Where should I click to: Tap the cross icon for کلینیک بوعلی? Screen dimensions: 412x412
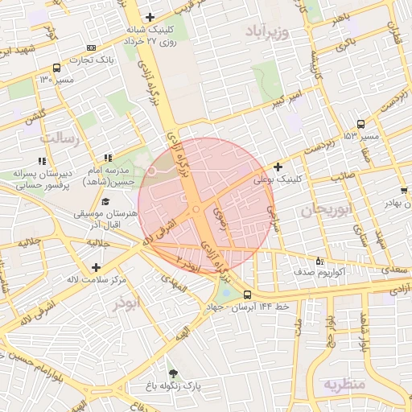click(x=278, y=167)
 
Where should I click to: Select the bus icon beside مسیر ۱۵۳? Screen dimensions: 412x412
click(x=360, y=124)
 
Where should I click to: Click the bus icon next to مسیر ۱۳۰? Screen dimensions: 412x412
click(x=55, y=68)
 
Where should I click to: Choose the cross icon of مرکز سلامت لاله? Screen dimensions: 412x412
click(x=97, y=267)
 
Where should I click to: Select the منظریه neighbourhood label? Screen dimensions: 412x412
click(x=344, y=385)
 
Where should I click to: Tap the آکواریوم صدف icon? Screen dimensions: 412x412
click(x=319, y=261)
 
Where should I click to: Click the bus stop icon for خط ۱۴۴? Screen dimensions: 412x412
click(x=246, y=295)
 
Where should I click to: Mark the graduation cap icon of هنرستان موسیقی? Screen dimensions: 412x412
click(x=106, y=200)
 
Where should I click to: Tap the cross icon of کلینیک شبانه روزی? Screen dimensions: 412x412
click(x=149, y=17)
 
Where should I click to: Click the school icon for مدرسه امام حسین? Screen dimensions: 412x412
click(x=108, y=158)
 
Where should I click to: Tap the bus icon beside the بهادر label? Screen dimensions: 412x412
click(x=403, y=191)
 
